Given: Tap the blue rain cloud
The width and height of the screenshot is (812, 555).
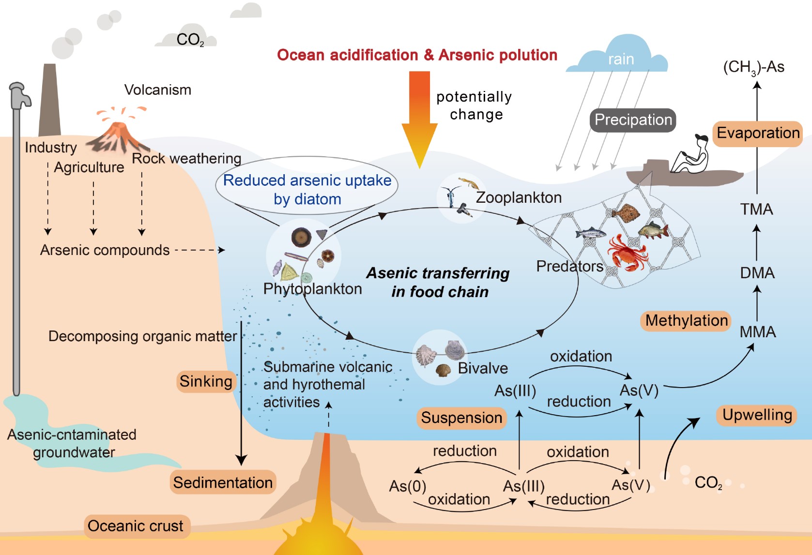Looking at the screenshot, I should (619, 56).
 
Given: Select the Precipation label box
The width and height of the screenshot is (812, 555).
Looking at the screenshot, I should (633, 120).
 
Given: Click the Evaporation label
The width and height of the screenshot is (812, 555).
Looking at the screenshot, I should (758, 133).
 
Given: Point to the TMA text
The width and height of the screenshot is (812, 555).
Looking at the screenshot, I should (756, 209).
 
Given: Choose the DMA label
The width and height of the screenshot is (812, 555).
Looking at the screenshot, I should (757, 273).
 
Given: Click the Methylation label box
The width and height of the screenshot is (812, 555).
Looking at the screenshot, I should (686, 321).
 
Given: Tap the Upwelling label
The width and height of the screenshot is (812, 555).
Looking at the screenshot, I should (757, 415).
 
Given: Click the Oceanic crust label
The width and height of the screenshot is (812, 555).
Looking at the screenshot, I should (136, 526).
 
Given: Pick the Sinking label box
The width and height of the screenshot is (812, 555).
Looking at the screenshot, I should (206, 381).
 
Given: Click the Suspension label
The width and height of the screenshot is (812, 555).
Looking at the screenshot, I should (461, 418).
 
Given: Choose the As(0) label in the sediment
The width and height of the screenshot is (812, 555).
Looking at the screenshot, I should (407, 486).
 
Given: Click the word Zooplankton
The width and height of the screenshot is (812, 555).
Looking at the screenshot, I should (519, 197).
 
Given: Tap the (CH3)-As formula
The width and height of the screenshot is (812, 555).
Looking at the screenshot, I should (753, 67).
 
